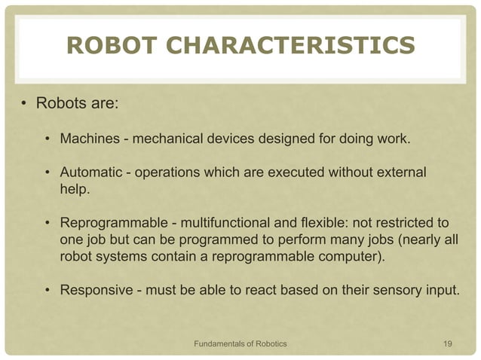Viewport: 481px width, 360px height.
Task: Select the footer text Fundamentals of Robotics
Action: click(240, 344)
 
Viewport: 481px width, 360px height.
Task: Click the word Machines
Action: click(89, 139)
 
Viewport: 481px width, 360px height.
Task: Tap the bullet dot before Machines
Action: click(47, 139)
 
